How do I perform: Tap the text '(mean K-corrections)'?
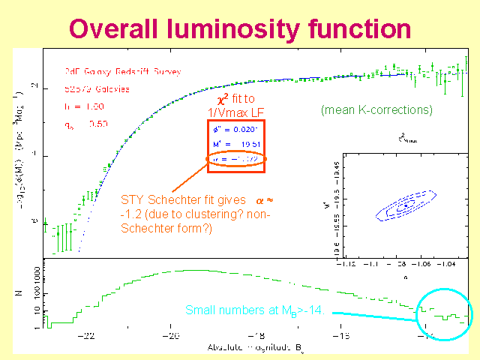tap(376, 110)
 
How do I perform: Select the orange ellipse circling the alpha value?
tap(235, 160)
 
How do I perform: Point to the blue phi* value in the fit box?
tap(236, 130)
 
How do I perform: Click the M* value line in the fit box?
tap(236, 145)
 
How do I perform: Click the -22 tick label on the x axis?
tap(88, 337)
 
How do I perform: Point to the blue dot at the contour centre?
tap(406, 204)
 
